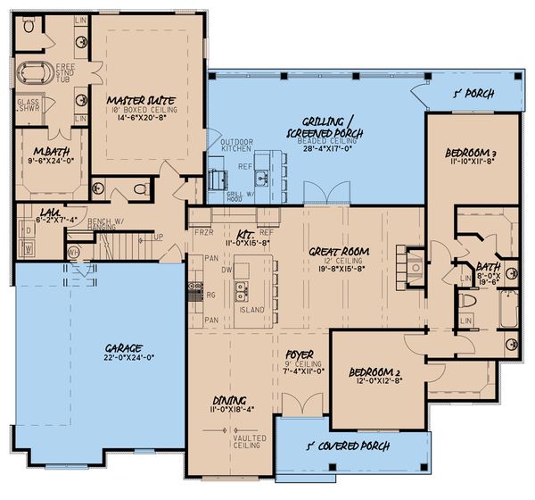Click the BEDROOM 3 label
point(471,154)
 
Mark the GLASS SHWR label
point(27,108)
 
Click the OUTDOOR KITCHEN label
point(225,146)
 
